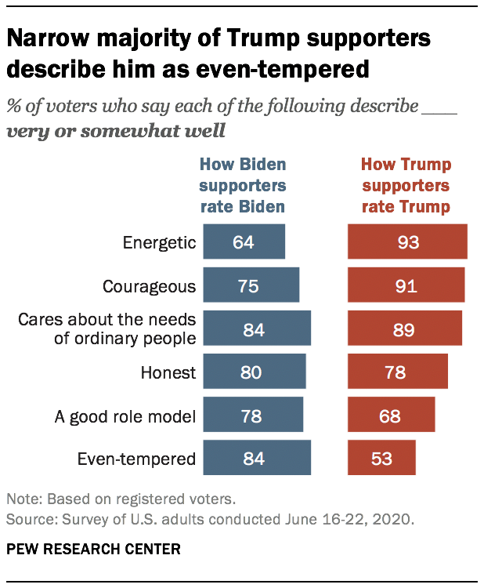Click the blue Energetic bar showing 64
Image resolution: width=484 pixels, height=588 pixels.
[x=244, y=241]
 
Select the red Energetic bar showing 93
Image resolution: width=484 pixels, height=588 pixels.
[x=407, y=241]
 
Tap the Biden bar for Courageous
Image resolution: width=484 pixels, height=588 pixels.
[x=251, y=285]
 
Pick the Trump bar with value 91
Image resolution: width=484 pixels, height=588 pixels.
[x=406, y=285]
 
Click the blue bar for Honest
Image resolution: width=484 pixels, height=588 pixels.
[x=254, y=372]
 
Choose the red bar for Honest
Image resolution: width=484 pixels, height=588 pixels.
[x=398, y=372]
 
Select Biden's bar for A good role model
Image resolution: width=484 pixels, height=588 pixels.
[x=252, y=415]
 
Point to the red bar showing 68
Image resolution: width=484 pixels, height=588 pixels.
[x=391, y=415]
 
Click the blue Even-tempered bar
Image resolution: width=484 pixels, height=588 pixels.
[x=257, y=459]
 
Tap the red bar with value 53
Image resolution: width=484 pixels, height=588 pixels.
[x=381, y=459]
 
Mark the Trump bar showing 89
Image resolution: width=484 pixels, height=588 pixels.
[x=405, y=328]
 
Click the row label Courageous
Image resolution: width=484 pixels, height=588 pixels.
[x=149, y=286]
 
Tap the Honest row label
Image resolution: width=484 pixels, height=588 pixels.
[x=168, y=372]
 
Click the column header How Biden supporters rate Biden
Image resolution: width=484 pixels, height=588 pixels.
[x=242, y=186]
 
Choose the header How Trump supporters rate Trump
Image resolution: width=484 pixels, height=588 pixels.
[x=405, y=186]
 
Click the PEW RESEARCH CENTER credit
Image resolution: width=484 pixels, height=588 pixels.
[x=93, y=549]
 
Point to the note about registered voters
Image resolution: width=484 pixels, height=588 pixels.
[x=121, y=499]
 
